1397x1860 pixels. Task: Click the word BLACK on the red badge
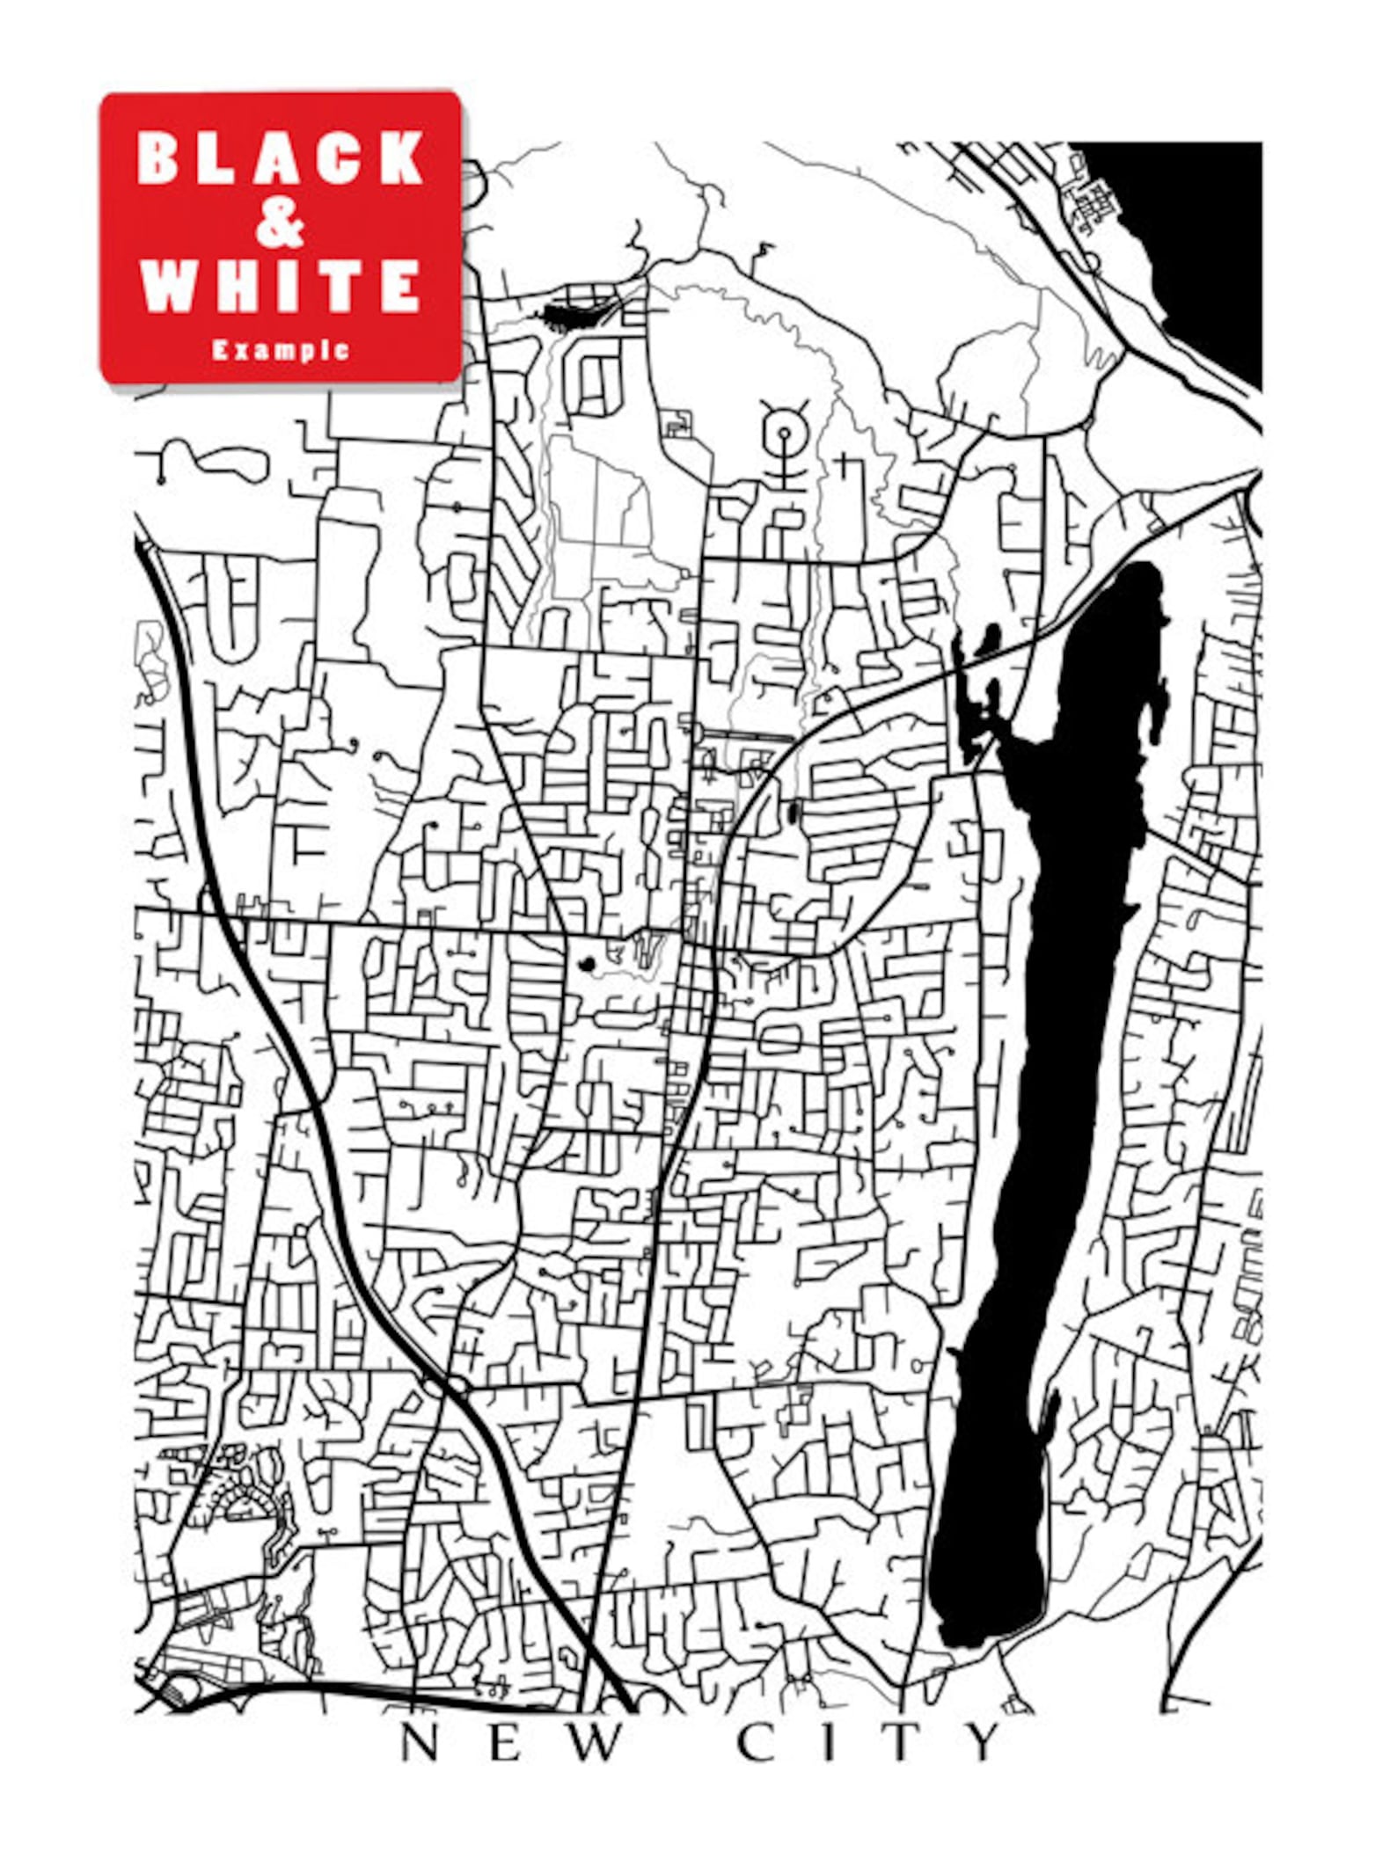(x=281, y=159)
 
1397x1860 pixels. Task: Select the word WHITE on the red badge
(x=281, y=286)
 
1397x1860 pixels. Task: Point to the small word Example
(x=281, y=350)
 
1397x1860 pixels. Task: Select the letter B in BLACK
(x=158, y=159)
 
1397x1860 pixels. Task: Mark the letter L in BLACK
(x=219, y=159)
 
